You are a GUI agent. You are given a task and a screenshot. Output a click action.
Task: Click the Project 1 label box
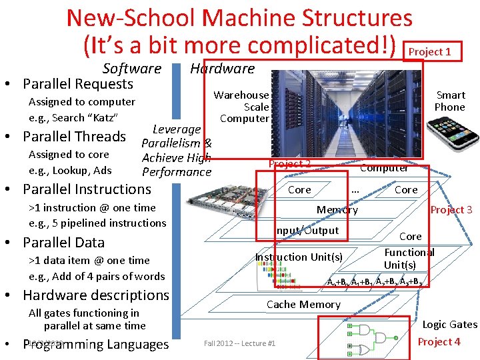[x=429, y=51]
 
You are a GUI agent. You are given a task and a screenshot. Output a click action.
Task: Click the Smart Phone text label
[x=450, y=101]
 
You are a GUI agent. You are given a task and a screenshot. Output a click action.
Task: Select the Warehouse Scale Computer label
[x=241, y=107]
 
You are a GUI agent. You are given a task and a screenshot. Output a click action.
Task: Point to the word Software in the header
[x=132, y=68]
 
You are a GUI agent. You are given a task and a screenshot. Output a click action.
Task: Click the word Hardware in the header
[x=222, y=68]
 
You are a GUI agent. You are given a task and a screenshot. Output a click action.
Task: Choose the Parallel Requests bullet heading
[x=78, y=84]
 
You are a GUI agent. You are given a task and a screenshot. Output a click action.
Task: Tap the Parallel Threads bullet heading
[x=74, y=137]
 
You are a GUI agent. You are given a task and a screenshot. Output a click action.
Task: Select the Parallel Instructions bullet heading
[x=87, y=189]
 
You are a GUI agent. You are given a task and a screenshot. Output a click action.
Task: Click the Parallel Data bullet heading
[x=63, y=242]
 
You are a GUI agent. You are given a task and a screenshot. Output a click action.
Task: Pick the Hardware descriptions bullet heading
[x=96, y=295]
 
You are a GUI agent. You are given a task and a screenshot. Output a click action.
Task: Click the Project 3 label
[x=451, y=210]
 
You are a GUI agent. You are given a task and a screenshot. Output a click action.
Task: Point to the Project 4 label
[x=439, y=342]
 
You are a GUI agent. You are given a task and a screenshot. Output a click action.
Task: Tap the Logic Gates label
[x=450, y=325]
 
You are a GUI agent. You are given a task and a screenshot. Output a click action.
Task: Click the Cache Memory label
[x=303, y=305]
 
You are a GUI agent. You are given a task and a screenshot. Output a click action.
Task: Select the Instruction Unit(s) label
[x=299, y=257]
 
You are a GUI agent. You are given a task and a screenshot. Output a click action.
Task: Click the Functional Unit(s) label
[x=409, y=259]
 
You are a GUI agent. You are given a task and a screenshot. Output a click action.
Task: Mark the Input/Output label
[x=308, y=231]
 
